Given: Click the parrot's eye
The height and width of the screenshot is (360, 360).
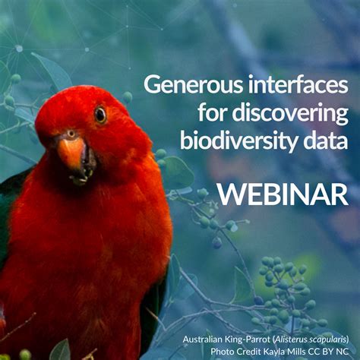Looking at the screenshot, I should click(100, 115).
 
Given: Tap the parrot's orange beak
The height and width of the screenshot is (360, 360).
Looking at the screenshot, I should click(71, 151).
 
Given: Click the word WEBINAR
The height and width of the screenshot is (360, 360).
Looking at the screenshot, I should click(283, 194).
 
